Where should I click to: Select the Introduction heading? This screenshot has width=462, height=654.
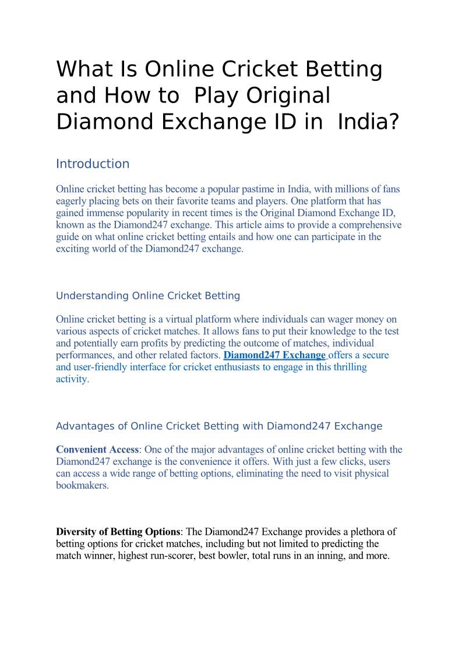[x=93, y=164]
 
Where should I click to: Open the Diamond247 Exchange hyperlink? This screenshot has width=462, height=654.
[x=275, y=355]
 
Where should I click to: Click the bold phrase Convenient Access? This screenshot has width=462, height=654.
[x=97, y=450]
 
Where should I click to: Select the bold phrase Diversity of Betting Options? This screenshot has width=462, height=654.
[x=118, y=532]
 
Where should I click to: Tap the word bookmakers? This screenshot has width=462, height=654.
[x=82, y=485]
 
